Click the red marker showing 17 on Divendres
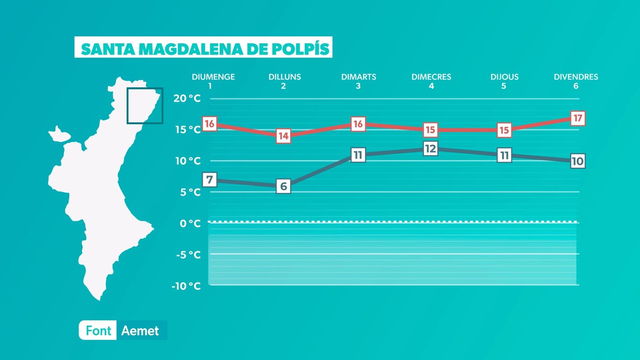click(x=578, y=118)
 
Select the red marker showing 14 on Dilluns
click(x=283, y=136)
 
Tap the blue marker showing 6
click(x=283, y=186)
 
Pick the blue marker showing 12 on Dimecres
click(x=430, y=149)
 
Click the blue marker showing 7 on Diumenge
click(x=210, y=180)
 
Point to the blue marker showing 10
click(x=577, y=161)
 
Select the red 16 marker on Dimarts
click(x=358, y=124)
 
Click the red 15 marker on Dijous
click(x=504, y=130)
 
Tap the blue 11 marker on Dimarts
click(x=358, y=155)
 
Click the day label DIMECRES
click(x=431, y=77)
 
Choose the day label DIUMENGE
click(x=213, y=77)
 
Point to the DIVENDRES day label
click(x=576, y=77)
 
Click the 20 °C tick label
click(x=187, y=98)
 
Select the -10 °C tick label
click(x=186, y=286)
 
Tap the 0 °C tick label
click(x=190, y=224)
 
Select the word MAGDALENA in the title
click(x=190, y=49)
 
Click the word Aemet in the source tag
click(x=140, y=331)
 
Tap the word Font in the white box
click(x=98, y=331)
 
